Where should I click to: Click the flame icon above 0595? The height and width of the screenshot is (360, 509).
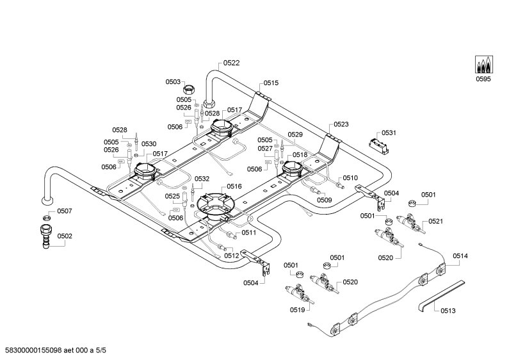483,64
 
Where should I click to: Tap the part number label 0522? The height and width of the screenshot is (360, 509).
231,63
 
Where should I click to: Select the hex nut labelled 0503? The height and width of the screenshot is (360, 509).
189,88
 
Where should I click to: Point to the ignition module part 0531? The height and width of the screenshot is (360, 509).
378,145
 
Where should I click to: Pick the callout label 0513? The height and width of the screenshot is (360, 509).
448,311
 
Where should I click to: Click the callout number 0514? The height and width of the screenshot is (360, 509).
460,256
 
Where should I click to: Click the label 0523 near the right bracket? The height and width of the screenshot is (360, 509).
341,124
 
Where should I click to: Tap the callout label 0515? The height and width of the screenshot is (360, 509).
271,83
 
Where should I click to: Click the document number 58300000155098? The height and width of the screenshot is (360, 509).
33,350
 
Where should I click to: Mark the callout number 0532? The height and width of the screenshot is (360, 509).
202,179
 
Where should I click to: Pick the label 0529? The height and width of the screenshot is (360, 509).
295,135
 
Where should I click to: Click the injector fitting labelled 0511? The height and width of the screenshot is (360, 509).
231,234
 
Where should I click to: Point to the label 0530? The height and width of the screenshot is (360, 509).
149,144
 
